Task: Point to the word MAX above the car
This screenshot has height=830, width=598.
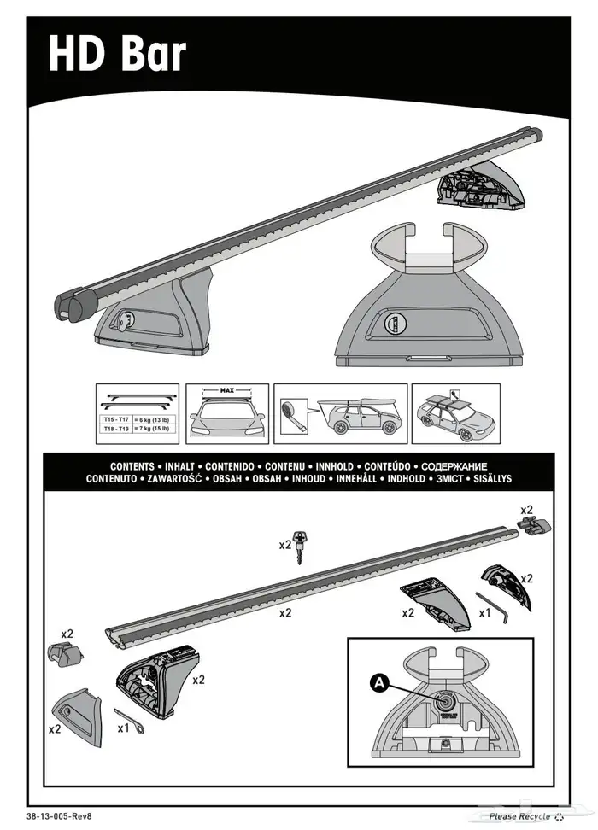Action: point(227,391)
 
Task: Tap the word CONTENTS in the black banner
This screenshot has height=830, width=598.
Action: point(132,467)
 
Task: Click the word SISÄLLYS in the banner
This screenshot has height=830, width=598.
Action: point(488,479)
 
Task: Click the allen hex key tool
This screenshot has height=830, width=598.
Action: point(494,602)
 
